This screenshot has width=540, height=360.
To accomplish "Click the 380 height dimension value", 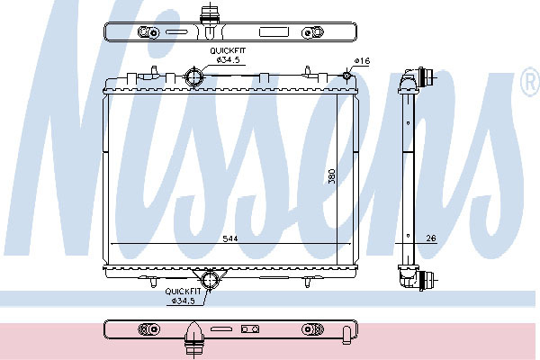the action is point(331,176).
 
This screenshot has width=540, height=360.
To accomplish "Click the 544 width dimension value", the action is point(230,238).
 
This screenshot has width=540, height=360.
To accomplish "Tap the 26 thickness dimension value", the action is point(431,238).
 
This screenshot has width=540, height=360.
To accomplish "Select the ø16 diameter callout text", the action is point(362,61).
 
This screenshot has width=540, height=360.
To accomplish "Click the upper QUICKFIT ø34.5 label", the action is point(228,55).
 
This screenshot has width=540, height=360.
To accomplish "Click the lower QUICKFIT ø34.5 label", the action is point(183,296).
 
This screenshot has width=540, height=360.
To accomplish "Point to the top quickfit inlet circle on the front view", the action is point(193,76).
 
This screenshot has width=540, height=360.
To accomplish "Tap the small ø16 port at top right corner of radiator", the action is point(346,75).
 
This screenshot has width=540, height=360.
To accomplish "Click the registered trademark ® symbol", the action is point(530,82).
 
